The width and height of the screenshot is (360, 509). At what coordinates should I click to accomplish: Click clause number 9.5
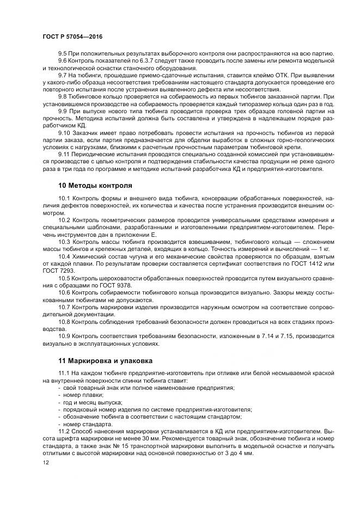coord(63,53)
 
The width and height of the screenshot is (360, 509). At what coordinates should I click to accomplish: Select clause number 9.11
coord(64,155)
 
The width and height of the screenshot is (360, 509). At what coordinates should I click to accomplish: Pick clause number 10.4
coord(64,256)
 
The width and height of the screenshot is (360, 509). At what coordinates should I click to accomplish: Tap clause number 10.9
coord(64,337)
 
